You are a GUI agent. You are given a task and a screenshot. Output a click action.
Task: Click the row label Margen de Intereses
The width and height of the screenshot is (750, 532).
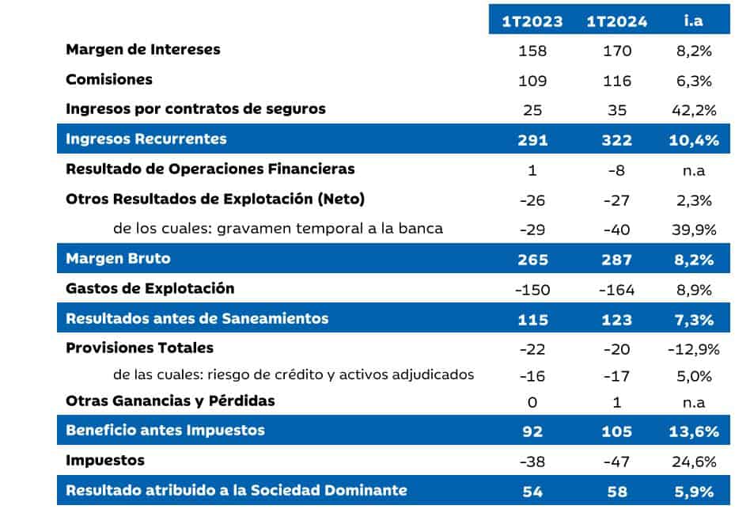[142, 50]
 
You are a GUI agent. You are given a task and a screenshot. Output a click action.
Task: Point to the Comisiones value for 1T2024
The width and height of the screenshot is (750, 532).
[617, 81]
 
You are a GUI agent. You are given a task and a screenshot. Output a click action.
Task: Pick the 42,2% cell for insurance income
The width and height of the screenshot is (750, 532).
[694, 110]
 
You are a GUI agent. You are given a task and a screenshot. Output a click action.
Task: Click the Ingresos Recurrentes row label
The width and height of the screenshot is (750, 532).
[146, 139]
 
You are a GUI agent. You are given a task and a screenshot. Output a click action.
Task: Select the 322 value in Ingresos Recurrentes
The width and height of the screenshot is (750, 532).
[617, 140]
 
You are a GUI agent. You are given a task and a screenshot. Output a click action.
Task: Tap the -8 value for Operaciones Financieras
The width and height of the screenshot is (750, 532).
[617, 170]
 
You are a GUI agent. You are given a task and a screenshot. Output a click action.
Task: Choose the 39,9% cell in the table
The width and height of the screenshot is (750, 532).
[694, 230]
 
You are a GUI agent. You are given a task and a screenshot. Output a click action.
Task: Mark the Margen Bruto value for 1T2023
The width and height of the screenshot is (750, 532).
[532, 260]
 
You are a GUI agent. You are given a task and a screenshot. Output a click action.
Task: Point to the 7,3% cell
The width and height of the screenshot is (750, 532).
[694, 320]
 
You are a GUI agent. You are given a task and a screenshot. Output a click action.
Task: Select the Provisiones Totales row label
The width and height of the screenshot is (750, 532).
[139, 348]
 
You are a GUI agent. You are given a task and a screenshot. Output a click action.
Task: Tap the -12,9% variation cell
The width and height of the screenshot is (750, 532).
[694, 349]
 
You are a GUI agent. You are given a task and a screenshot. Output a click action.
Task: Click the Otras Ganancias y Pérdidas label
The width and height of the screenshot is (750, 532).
[170, 401]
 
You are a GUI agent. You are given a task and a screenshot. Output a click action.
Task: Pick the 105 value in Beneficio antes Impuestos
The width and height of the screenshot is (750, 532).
[617, 431]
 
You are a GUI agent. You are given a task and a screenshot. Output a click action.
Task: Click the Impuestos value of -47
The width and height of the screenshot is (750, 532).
[617, 462]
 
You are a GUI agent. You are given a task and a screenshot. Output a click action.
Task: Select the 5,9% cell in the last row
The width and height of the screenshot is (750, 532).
[694, 492]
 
